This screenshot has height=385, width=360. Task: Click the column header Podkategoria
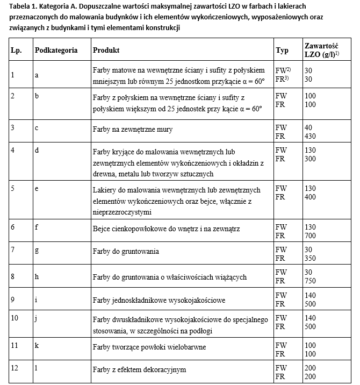pyautogui.click(x=56, y=50)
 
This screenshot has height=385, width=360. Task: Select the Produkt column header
pyautogui.click(x=106, y=50)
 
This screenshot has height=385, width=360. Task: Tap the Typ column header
pyautogui.click(x=282, y=50)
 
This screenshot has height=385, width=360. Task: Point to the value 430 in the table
pyautogui.click(x=310, y=136)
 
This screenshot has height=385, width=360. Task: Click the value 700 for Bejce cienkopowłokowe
pyautogui.click(x=310, y=236)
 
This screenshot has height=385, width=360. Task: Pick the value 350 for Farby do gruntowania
pyautogui.click(x=310, y=259)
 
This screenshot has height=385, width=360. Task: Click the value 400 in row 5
pyautogui.click(x=310, y=197)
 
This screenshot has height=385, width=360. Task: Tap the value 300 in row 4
pyautogui.click(x=310, y=159)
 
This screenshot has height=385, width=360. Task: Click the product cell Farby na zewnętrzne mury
pyautogui.click(x=132, y=130)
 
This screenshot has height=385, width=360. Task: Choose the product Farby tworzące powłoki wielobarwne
pyautogui.click(x=149, y=347)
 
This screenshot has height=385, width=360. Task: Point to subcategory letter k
pyautogui.click(x=37, y=341)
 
